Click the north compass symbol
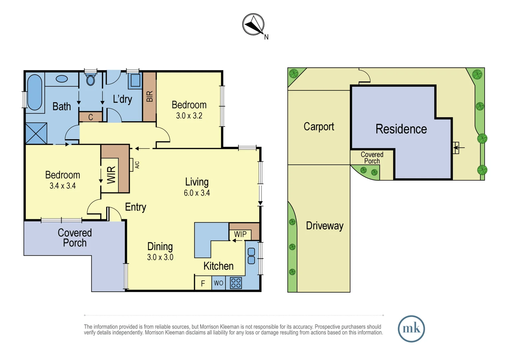(x=254, y=25)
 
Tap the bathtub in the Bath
(x=35, y=92)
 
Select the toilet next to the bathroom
(x=91, y=80)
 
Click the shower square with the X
(x=36, y=133)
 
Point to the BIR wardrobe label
(x=150, y=96)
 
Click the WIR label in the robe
(x=111, y=175)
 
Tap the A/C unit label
(x=137, y=165)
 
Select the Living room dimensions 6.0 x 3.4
(x=197, y=193)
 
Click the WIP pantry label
(x=240, y=234)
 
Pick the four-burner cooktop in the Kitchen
(x=236, y=283)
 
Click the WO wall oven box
(x=219, y=283)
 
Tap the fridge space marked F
(x=203, y=284)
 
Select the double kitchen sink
(x=252, y=256)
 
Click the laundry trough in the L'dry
(x=135, y=80)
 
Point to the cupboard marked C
(x=91, y=117)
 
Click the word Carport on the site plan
(x=319, y=127)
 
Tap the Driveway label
(x=324, y=226)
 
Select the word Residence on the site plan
(x=401, y=129)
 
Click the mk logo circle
(x=411, y=329)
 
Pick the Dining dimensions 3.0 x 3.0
(x=160, y=257)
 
